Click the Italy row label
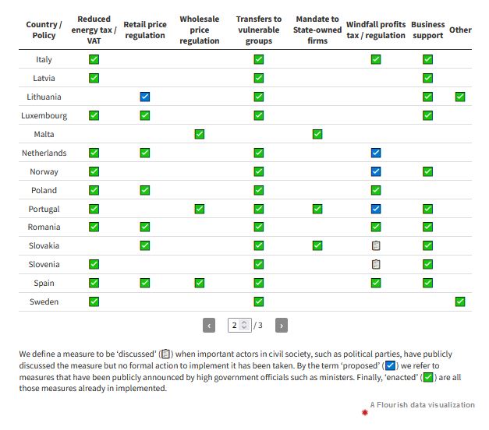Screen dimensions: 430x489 (x=44, y=59)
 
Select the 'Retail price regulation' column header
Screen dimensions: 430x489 (x=145, y=30)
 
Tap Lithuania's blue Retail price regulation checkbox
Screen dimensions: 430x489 (x=145, y=97)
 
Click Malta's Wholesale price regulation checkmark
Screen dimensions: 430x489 (x=200, y=134)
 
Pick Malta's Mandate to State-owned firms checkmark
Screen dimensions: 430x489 (x=317, y=134)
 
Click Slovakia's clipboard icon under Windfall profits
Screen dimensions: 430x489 (x=376, y=245)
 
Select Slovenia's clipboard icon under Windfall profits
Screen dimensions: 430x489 (x=376, y=264)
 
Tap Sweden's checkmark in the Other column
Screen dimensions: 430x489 (x=460, y=301)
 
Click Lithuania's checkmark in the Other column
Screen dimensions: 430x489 (x=460, y=97)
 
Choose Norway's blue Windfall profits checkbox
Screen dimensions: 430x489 (x=376, y=171)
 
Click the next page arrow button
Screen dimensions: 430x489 (x=282, y=325)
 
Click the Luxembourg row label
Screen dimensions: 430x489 (x=44, y=115)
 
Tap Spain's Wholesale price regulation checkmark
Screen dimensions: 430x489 (x=200, y=283)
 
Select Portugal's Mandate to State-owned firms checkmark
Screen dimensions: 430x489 (x=317, y=209)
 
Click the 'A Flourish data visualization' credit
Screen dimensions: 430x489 (x=422, y=405)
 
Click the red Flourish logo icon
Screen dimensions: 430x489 (x=364, y=412)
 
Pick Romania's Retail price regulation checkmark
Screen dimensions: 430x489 (x=145, y=227)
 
